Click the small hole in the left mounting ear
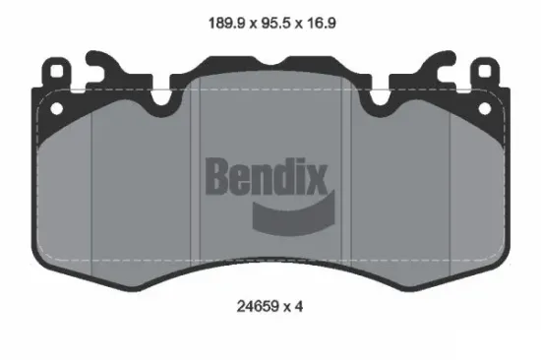(54, 74)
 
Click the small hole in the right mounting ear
(487, 74)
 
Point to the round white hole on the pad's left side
(56, 108)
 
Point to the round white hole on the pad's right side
(484, 108)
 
